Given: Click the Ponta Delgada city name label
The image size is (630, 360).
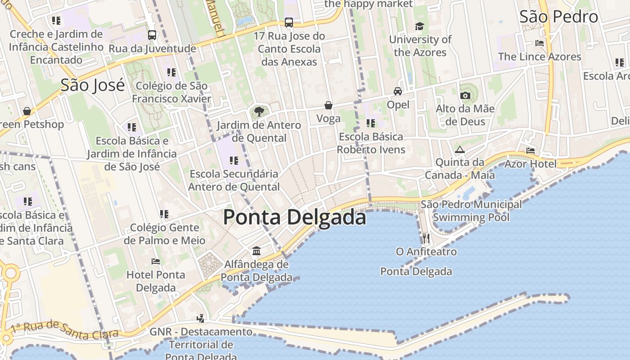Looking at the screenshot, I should [x=294, y=217].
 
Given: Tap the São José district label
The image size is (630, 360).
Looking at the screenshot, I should [x=92, y=85].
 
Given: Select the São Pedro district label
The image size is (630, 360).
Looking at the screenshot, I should [x=558, y=17].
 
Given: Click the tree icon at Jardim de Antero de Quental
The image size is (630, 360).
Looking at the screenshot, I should [x=258, y=111].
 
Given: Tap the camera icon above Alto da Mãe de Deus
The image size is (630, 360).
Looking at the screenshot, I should [x=465, y=95].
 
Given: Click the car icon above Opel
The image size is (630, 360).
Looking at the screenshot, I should [x=398, y=91].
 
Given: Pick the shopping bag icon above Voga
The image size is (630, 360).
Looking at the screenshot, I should [x=328, y=105].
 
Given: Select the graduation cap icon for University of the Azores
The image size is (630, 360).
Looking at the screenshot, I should [x=419, y=26].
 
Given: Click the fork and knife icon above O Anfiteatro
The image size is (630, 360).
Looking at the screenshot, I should [x=426, y=238].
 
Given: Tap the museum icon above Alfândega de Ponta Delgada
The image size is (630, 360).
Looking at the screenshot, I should [x=256, y=251].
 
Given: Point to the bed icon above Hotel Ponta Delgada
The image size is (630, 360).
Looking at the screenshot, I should [x=156, y=261].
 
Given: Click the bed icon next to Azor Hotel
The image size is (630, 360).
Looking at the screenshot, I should [x=531, y=151].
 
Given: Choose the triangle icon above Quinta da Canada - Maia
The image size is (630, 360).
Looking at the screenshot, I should [x=459, y=149].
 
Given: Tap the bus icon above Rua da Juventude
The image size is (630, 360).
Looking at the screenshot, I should [x=152, y=35].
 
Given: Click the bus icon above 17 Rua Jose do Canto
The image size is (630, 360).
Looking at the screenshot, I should [x=289, y=22].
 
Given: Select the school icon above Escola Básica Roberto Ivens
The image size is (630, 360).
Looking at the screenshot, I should [x=371, y=123].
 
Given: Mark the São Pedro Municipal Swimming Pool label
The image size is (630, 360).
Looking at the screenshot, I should [x=471, y=211].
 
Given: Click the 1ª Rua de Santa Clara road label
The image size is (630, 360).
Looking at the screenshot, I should [x=65, y=329].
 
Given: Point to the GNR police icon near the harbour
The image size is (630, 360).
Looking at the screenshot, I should [x=201, y=319].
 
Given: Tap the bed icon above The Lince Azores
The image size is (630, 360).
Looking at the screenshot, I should [x=540, y=43].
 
